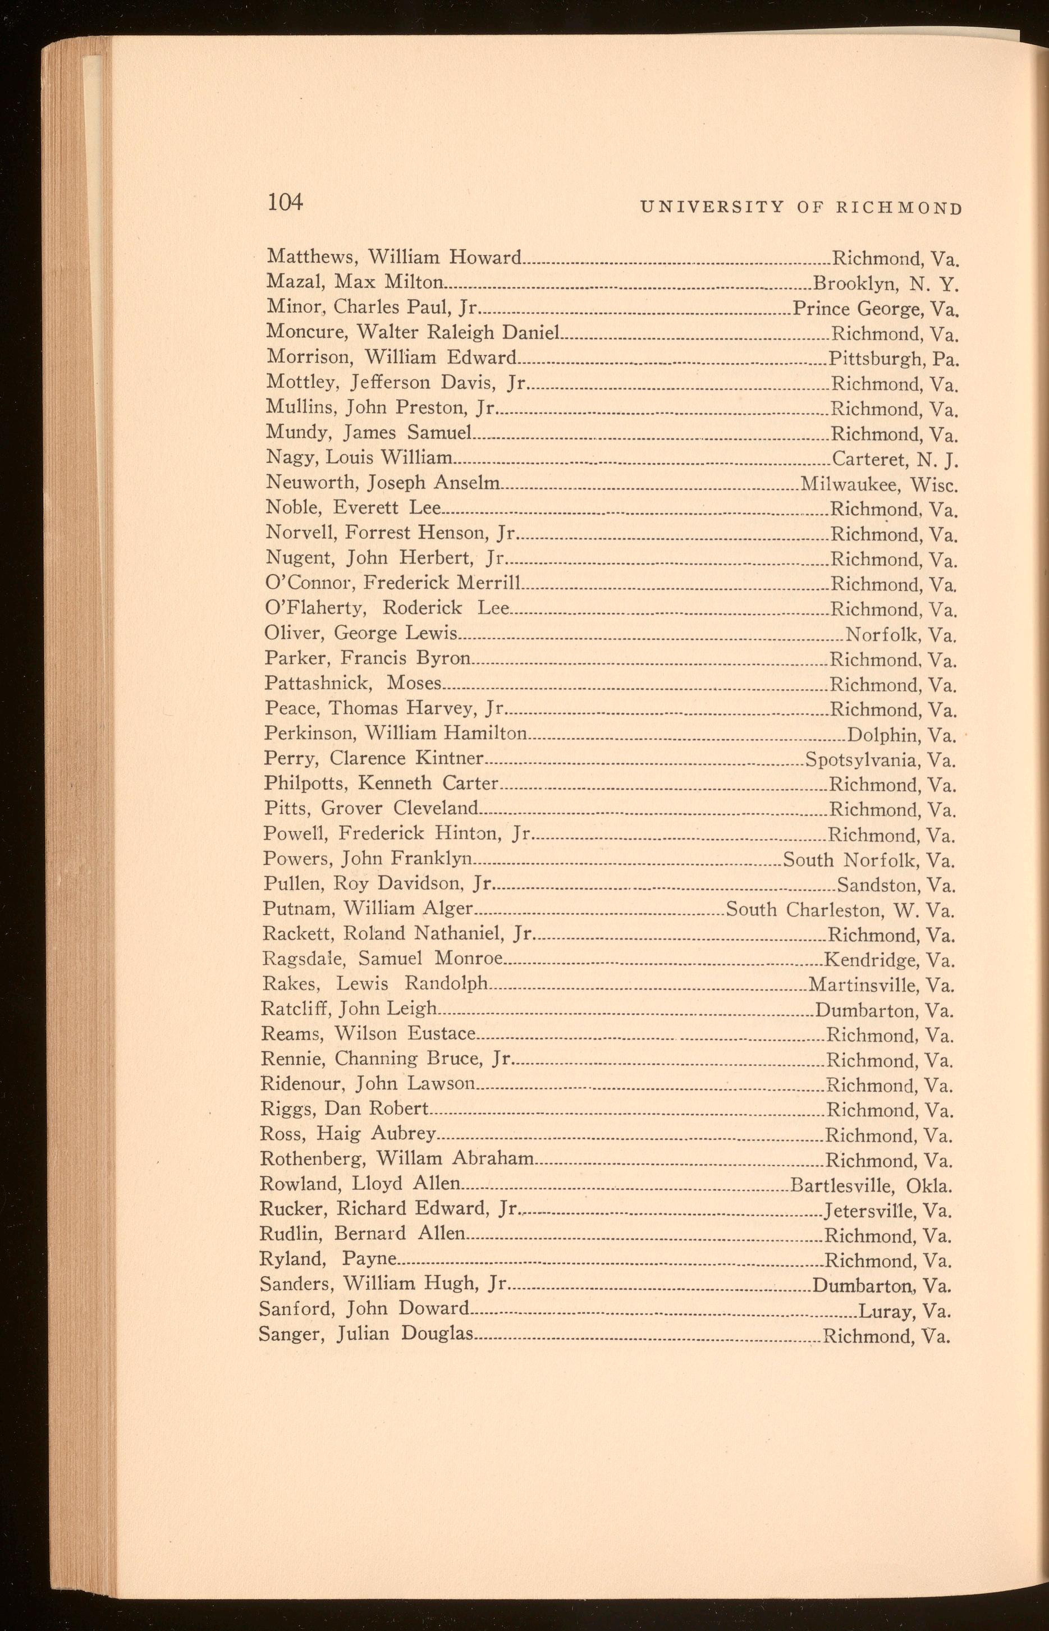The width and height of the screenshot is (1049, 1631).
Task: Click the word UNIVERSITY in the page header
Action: point(712,208)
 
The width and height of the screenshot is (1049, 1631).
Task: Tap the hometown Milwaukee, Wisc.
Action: point(879,485)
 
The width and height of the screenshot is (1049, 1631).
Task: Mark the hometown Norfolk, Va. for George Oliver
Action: point(900,635)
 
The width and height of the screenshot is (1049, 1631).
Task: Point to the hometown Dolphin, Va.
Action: point(900,735)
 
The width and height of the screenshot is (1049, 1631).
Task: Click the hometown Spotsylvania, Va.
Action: point(880,760)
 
